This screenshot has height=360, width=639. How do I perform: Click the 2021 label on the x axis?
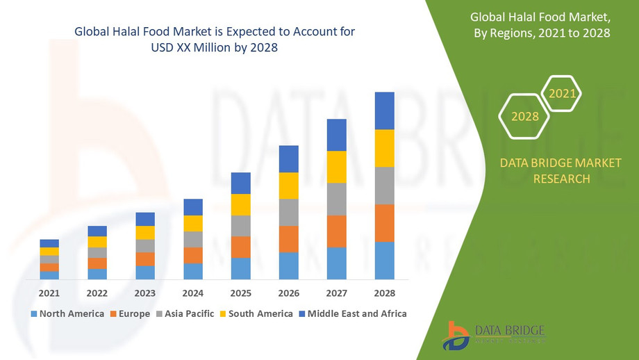click(x=49, y=293)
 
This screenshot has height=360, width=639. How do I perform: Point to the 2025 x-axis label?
click(x=240, y=293)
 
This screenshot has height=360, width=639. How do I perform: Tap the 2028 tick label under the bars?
click(x=384, y=293)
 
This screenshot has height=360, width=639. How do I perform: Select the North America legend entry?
click(x=67, y=313)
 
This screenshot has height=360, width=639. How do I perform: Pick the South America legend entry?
click(x=255, y=313)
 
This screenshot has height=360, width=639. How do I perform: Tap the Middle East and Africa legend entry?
click(x=352, y=313)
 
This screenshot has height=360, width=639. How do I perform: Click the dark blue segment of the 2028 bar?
click(x=384, y=111)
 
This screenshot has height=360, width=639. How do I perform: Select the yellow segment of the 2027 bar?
click(x=336, y=167)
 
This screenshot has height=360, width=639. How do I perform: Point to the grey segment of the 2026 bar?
click(x=288, y=212)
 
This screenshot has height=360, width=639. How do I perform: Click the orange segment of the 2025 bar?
click(x=240, y=247)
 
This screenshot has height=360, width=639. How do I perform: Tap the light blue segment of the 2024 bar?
click(x=193, y=271)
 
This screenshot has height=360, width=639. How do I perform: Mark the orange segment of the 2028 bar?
click(x=384, y=223)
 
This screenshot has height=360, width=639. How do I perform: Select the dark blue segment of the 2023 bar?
click(x=145, y=219)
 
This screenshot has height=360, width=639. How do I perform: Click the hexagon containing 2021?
click(x=561, y=93)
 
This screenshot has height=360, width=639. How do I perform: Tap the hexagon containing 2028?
click(x=525, y=116)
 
